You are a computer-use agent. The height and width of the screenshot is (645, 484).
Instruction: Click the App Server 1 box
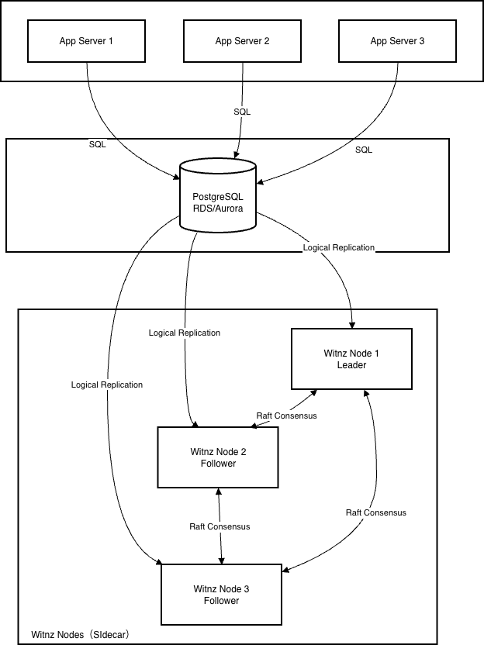pyautogui.click(x=86, y=41)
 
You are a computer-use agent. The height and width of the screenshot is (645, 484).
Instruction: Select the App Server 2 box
pyautogui.click(x=242, y=41)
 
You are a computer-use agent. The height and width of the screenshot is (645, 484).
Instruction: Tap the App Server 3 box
pyautogui.click(x=397, y=41)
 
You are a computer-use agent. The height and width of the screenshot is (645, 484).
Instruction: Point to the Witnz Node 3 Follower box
pyautogui.click(x=221, y=595)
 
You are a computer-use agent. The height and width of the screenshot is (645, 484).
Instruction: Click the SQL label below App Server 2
pyautogui.click(x=242, y=112)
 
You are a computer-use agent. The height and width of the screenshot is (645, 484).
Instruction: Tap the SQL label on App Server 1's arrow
pyautogui.click(x=97, y=144)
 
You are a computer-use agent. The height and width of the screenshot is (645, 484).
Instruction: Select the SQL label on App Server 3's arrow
pyautogui.click(x=364, y=149)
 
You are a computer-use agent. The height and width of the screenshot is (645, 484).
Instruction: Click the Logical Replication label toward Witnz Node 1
pyautogui.click(x=338, y=247)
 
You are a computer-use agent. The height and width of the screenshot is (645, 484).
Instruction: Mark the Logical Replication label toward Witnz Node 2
pyautogui.click(x=185, y=333)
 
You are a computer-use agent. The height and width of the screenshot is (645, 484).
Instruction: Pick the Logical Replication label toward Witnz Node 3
pyautogui.click(x=106, y=385)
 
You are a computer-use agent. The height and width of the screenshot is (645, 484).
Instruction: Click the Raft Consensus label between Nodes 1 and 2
pyautogui.click(x=286, y=416)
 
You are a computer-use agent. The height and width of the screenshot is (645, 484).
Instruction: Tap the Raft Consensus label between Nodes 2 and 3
pyautogui.click(x=220, y=526)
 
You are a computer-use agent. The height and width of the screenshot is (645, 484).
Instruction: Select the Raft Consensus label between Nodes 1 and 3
pyautogui.click(x=375, y=512)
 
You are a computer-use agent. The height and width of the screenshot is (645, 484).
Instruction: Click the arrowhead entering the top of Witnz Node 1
pyautogui.click(x=353, y=324)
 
